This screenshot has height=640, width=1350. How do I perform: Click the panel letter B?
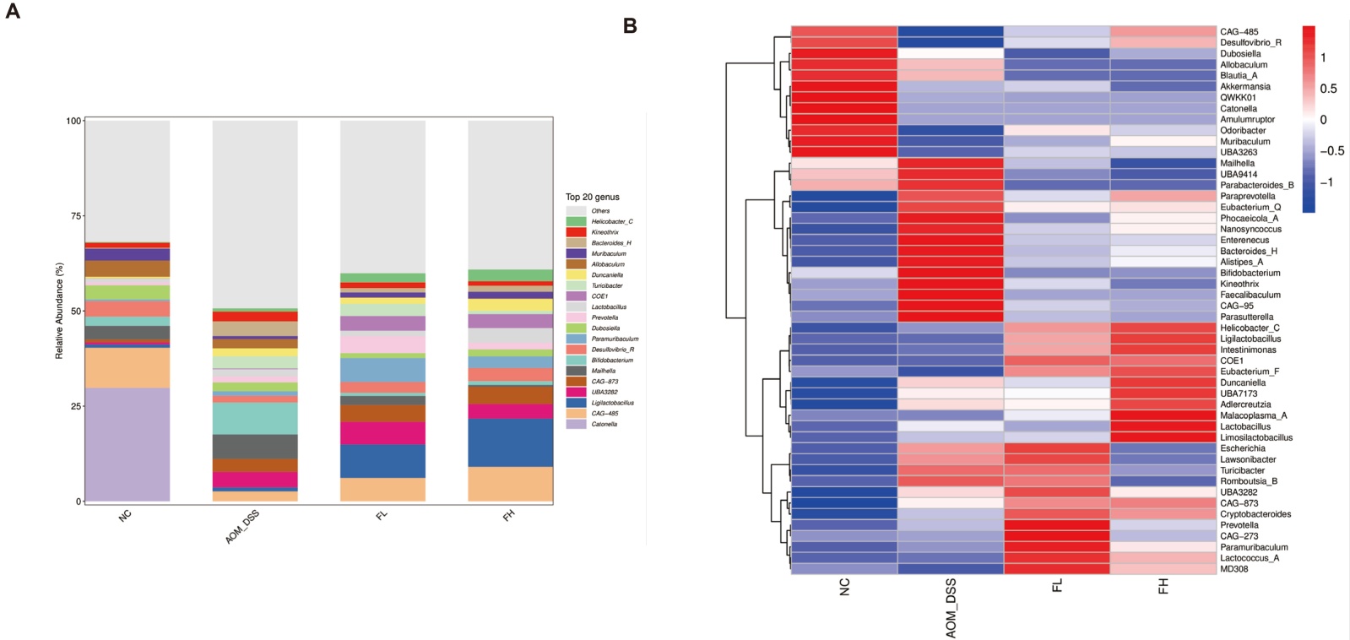630,26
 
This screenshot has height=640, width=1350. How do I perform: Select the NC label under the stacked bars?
126,515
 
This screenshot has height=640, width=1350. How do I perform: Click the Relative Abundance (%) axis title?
59,311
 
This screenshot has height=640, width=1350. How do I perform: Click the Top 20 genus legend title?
592,197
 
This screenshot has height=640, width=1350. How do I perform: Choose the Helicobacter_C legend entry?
611,221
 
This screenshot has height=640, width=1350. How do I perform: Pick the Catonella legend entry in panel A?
604,424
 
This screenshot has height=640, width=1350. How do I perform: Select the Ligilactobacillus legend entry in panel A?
612,403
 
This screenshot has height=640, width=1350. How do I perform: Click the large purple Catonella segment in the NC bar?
127,444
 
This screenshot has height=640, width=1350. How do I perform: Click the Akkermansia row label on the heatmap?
1244,86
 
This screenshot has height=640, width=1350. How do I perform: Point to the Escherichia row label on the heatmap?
1242,448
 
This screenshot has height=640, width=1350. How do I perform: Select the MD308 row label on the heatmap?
1233,569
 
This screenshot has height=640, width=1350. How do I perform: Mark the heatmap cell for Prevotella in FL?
1056,525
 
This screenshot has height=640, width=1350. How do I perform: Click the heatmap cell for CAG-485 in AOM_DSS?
950,31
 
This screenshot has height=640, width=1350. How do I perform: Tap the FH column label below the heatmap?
1163,586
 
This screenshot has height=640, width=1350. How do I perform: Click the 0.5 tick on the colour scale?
1328,89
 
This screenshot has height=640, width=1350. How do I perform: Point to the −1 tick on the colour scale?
1326,182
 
